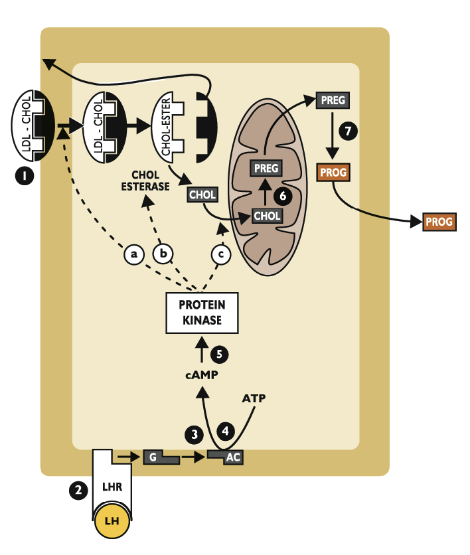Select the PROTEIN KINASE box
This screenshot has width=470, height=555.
click(x=202, y=314)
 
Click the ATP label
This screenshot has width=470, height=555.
click(x=255, y=398)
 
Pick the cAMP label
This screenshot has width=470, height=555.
click(x=202, y=375)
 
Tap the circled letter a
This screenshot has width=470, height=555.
click(x=134, y=254)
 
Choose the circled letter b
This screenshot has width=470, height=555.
click(x=163, y=254)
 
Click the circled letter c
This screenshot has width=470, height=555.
click(x=222, y=254)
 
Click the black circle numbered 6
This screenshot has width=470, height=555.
click(x=283, y=196)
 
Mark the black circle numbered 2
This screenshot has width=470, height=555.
click(x=78, y=491)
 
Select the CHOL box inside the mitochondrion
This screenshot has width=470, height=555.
click(x=267, y=216)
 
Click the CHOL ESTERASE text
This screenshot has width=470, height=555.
click(x=145, y=181)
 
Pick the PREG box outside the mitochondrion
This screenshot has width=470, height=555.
click(x=332, y=100)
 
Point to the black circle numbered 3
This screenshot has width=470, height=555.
click(x=195, y=435)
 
